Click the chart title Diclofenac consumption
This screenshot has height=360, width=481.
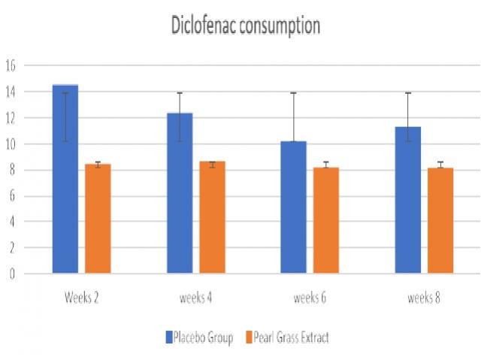coord(245,26)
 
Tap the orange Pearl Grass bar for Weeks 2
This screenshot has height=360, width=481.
coord(98,218)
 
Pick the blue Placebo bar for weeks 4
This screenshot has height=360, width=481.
coord(179,193)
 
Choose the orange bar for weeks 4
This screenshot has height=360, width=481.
coord(212,217)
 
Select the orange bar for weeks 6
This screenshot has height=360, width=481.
coord(326,220)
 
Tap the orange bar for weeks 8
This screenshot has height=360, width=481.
coord(441,220)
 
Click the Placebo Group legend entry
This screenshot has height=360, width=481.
coord(198,337)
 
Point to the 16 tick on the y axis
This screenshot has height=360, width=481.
coord(11,65)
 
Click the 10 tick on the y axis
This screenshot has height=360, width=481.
coord(11,144)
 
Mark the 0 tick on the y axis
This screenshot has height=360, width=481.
coord(11,274)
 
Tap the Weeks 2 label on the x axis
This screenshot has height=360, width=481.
coord(81,298)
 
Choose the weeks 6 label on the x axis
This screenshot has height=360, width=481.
coord(310,298)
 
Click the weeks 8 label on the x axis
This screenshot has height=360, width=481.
coord(424,298)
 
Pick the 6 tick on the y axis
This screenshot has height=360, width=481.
coord(11,195)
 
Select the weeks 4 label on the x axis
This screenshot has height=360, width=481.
coord(195,298)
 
